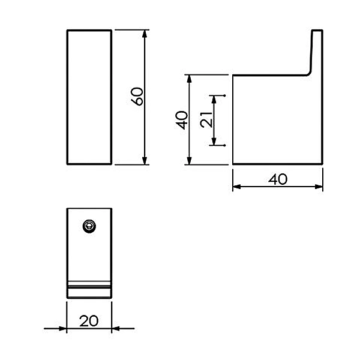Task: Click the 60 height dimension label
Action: click(x=137, y=97)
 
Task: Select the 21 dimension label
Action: click(x=206, y=119)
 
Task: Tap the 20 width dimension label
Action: click(x=89, y=321)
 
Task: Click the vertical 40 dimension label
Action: click(x=182, y=120)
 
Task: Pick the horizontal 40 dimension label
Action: click(x=278, y=179)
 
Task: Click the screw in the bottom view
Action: click(x=89, y=226)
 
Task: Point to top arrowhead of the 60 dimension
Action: click(x=145, y=34)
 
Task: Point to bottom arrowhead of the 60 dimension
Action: click(x=145, y=160)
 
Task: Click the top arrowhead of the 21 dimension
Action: click(x=214, y=100)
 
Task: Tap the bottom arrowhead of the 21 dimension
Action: click(x=214, y=141)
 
